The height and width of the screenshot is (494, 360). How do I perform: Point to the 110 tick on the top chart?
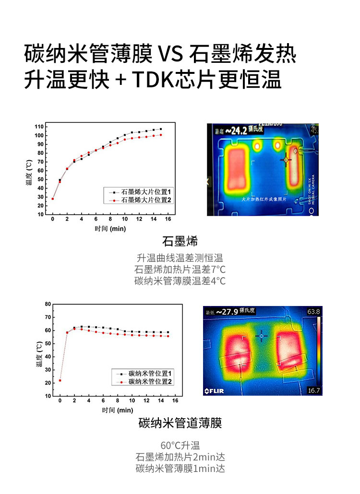click(39, 127)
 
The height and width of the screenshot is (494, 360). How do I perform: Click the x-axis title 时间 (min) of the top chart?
click(110, 229)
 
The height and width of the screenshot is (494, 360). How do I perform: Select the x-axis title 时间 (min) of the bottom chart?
click(117, 411)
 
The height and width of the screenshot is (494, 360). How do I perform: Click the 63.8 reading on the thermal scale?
click(314, 312)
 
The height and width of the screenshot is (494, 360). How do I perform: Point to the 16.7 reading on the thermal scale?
click(314, 390)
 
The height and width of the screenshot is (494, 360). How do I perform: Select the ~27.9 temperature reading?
click(227, 312)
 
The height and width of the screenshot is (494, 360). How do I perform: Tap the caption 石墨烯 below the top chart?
click(180, 241)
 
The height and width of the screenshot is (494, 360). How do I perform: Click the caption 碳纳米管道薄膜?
click(180, 423)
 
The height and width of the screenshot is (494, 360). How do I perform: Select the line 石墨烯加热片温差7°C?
click(180, 269)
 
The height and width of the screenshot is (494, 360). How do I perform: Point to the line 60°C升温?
click(180, 445)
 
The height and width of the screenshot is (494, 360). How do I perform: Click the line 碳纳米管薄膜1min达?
click(180, 469)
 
